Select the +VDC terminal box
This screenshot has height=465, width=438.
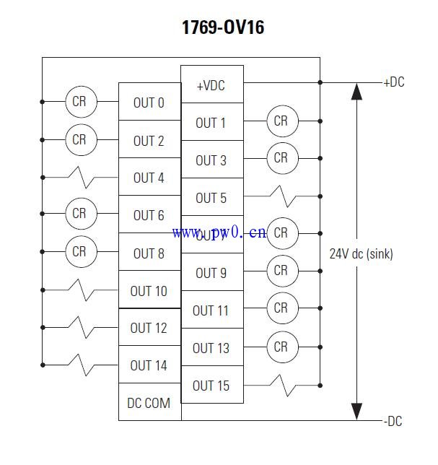pyautogui.click(x=211, y=85)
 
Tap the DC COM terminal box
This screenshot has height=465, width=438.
pyautogui.click(x=149, y=403)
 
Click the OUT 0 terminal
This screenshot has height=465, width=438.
pyautogui.click(x=149, y=103)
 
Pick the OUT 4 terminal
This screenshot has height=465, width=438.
pyautogui.click(x=149, y=178)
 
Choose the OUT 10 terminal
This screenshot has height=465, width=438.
pyautogui.click(x=149, y=291)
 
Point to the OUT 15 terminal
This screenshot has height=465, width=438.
pyautogui.click(x=211, y=386)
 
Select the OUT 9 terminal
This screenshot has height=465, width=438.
pyautogui.click(x=211, y=273)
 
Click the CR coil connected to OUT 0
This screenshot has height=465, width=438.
pyautogui.click(x=79, y=102)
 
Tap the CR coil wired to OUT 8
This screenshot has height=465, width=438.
pyautogui.click(x=79, y=252)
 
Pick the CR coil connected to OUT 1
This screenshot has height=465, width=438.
pyautogui.click(x=281, y=121)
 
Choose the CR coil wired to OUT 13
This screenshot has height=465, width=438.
pyautogui.click(x=281, y=347)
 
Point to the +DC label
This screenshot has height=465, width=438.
pyautogui.click(x=394, y=82)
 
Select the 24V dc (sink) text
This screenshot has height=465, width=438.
pyautogui.click(x=361, y=253)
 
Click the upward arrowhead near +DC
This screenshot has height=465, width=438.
pyautogui.click(x=355, y=91)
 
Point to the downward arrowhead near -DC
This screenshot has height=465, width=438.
pyautogui.click(x=355, y=411)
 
